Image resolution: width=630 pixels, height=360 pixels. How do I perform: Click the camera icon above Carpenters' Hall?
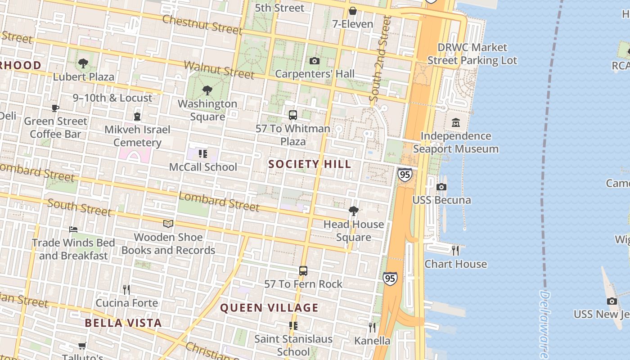coord(314,61)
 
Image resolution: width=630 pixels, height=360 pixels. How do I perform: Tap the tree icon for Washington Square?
coord(207,90)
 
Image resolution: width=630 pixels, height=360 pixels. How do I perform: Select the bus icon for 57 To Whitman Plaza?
coord(293,115)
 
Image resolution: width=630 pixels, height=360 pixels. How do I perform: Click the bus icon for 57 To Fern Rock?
coord(303,271)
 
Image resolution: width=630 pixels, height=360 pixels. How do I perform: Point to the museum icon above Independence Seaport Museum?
coord(455,122)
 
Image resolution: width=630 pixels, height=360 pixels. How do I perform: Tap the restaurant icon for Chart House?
coord(455,251)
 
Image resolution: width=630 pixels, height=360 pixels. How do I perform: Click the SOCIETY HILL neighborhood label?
coord(310,164)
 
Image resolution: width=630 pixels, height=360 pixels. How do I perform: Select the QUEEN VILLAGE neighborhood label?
coord(269,308)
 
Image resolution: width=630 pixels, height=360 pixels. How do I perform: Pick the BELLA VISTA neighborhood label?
coord(123,323)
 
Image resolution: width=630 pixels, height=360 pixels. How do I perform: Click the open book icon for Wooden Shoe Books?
coord(168,224)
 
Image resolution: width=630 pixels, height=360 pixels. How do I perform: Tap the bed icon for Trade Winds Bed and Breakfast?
coord(73,229)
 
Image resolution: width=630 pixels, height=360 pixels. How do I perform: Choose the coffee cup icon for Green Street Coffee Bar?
coord(55,108)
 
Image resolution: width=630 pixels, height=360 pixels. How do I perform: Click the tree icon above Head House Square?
coord(354,211)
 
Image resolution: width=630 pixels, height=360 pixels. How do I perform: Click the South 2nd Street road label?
coord(379,58)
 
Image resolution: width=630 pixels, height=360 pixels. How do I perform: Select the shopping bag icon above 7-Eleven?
coord(353,11)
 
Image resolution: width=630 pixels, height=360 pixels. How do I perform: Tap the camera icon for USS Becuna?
coord(441,187)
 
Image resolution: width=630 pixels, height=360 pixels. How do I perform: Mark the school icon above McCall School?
coord(203,154)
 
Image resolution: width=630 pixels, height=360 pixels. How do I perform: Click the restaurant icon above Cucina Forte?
coord(126,289)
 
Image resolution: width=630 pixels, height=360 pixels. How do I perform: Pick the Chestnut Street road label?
coord(202,24)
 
